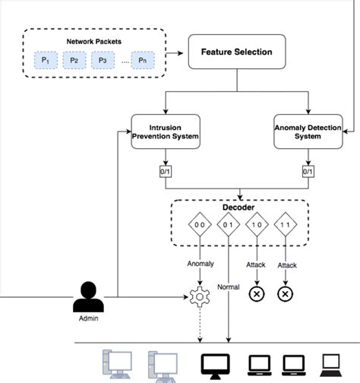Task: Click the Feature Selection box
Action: tap(236, 52)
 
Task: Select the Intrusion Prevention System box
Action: tap(165, 131)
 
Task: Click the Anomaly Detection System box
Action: tap(308, 131)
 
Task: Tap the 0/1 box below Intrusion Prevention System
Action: tap(166, 172)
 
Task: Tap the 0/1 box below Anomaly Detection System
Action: tap(308, 172)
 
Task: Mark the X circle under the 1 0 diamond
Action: tap(257, 294)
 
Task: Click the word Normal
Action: tap(229, 288)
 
